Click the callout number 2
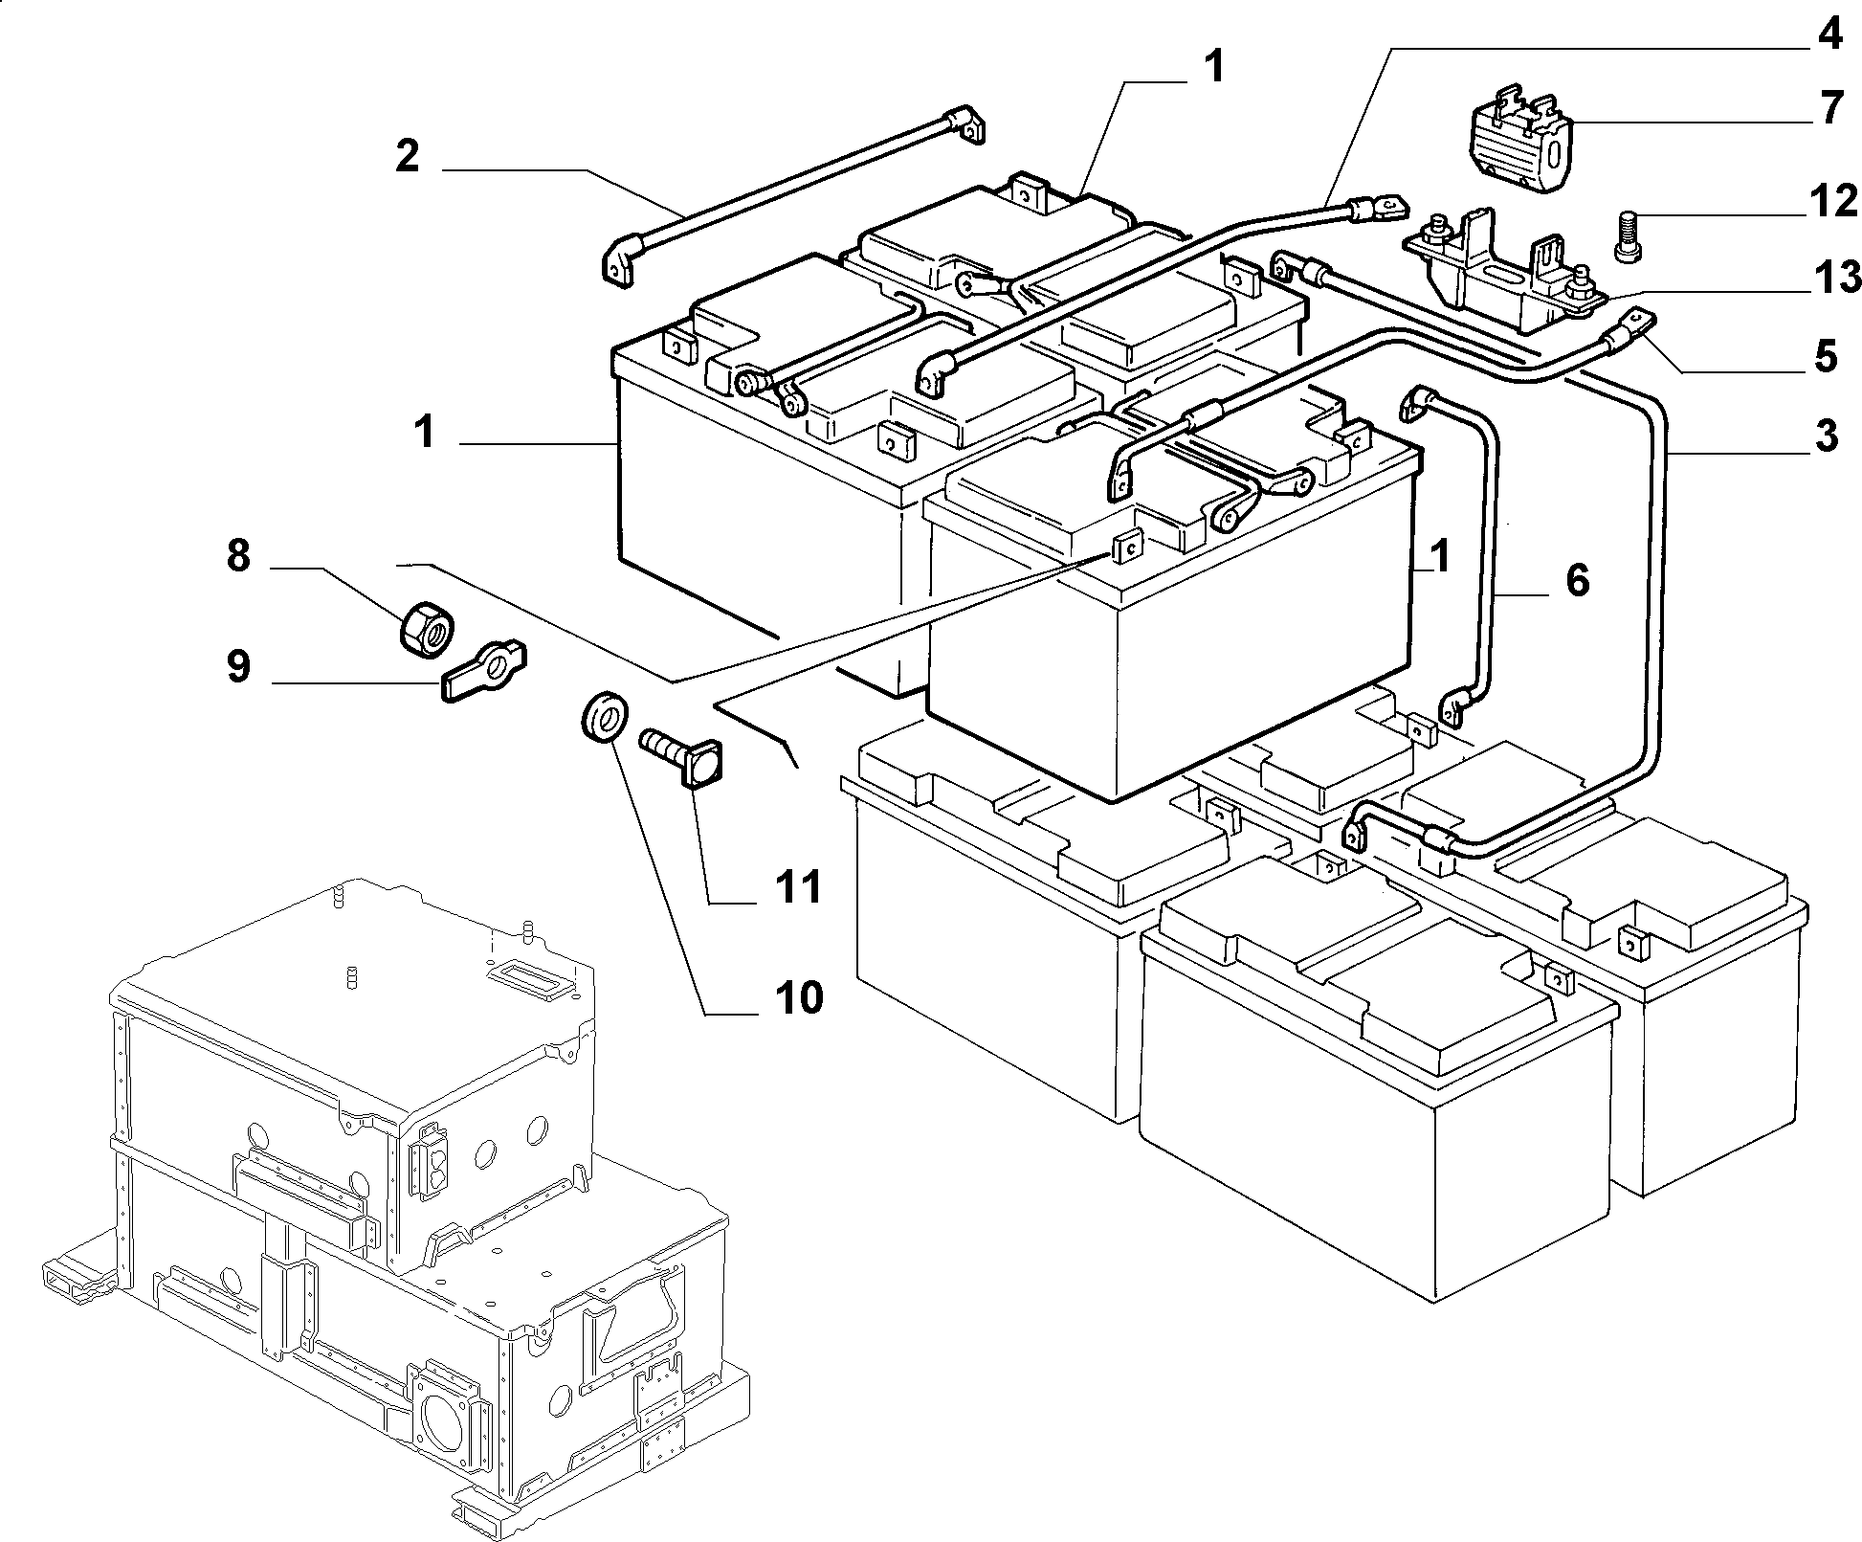pyautogui.click(x=408, y=155)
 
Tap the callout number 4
pyautogui.click(x=1829, y=34)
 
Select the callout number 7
pyautogui.click(x=1830, y=108)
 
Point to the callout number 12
pyautogui.click(x=1832, y=202)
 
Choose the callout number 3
pyautogui.click(x=1826, y=436)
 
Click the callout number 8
pyautogui.click(x=238, y=555)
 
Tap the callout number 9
pyautogui.click(x=238, y=666)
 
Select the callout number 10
pyautogui.click(x=798, y=998)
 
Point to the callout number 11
pyautogui.click(x=798, y=887)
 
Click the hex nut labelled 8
pyautogui.click(x=425, y=630)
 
